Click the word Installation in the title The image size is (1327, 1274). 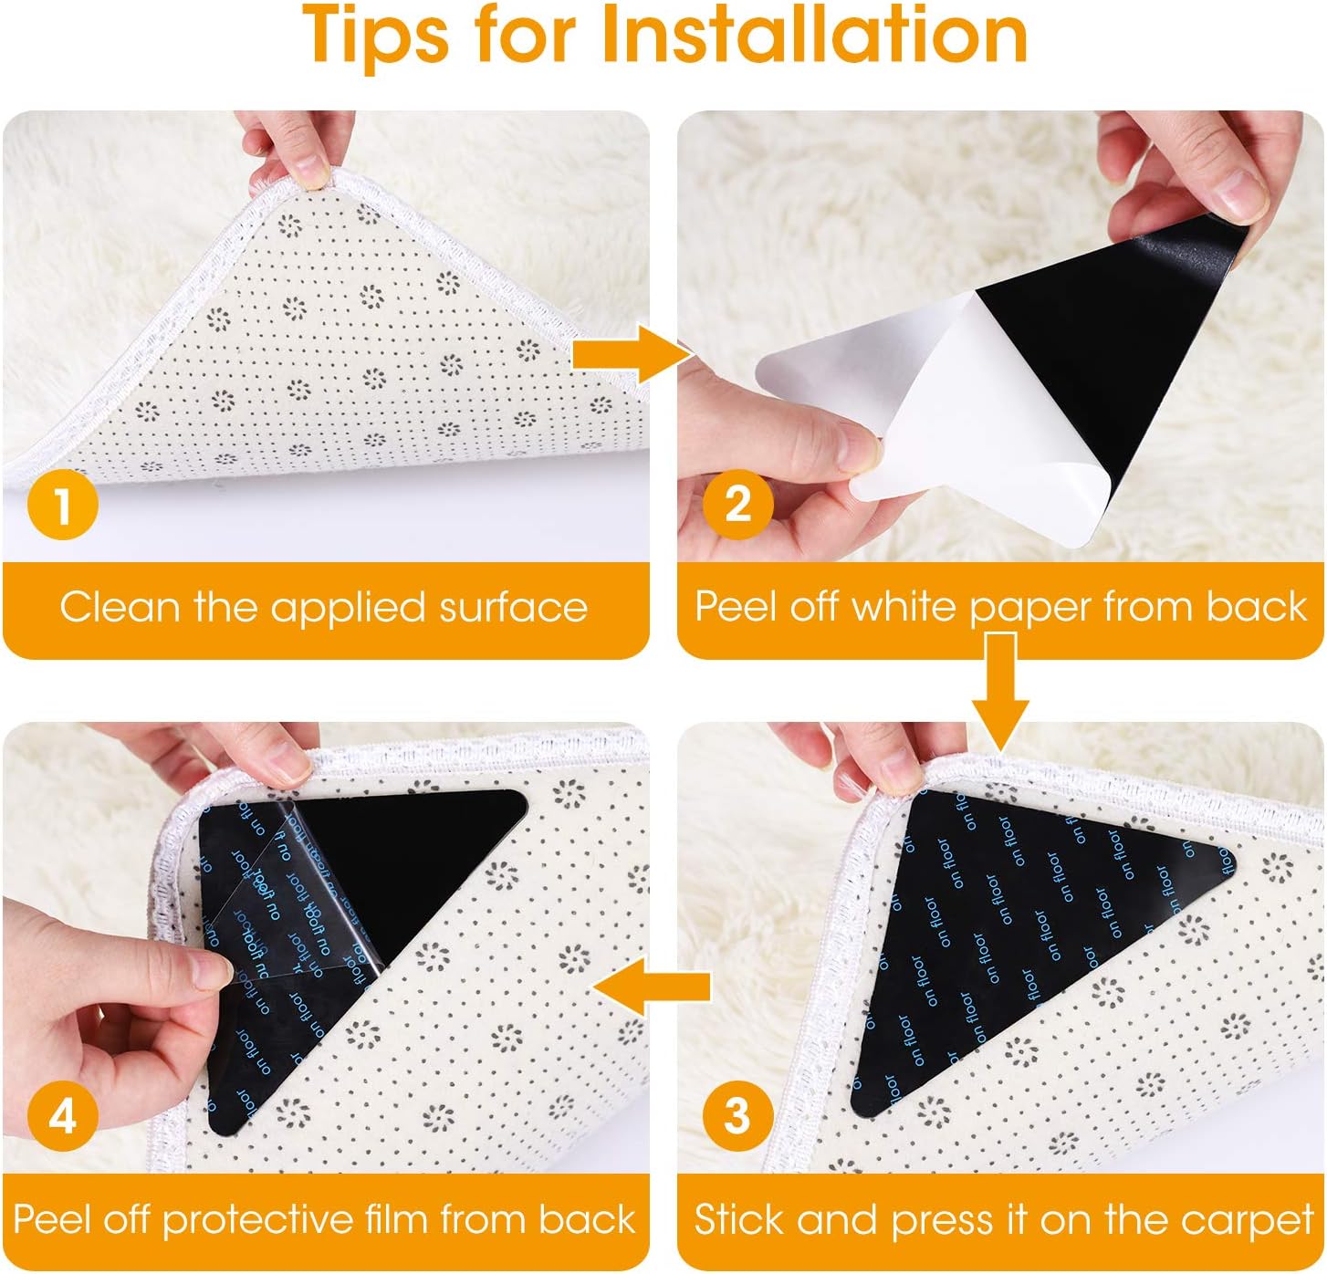pos(813,37)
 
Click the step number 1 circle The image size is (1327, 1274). pos(62,505)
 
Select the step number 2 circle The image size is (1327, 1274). pos(737,504)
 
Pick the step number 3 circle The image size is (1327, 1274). pos(737,1116)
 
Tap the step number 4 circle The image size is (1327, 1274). pos(62,1116)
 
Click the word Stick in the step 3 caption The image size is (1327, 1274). pos(736,1219)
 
